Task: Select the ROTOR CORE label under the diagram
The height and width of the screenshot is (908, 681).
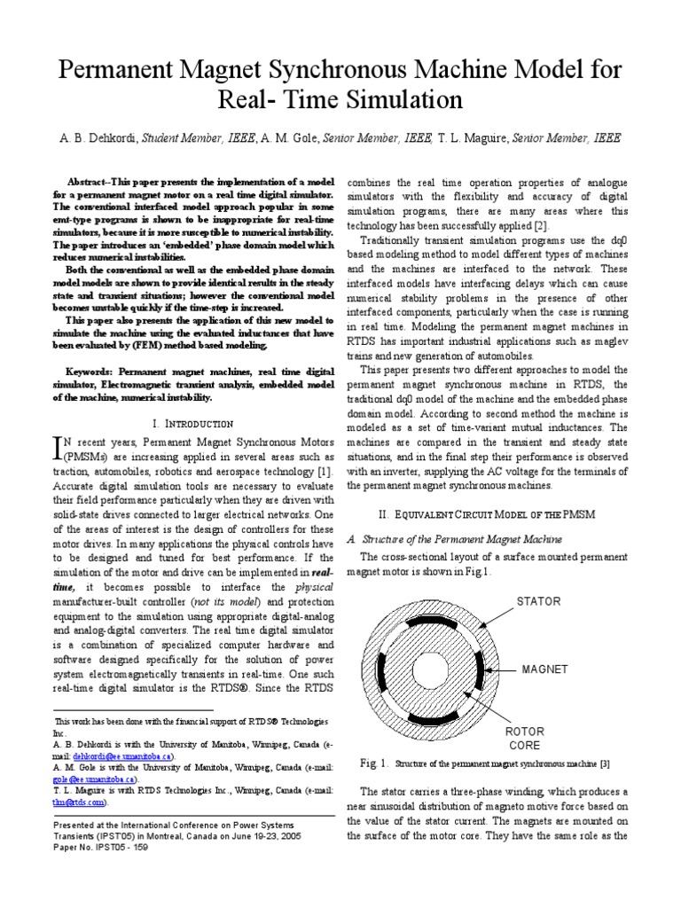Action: pyautogui.click(x=524, y=739)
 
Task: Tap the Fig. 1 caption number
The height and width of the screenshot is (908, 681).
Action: pyautogui.click(x=375, y=762)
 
